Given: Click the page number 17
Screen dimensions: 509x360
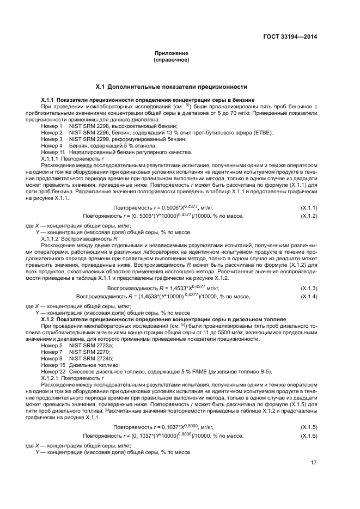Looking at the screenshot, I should click(x=314, y=463).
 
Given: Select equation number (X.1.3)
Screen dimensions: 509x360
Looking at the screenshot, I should click(x=309, y=287).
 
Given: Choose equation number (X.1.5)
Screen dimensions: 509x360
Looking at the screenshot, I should click(x=309, y=427).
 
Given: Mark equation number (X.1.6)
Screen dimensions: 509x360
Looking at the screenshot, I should click(x=309, y=436).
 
